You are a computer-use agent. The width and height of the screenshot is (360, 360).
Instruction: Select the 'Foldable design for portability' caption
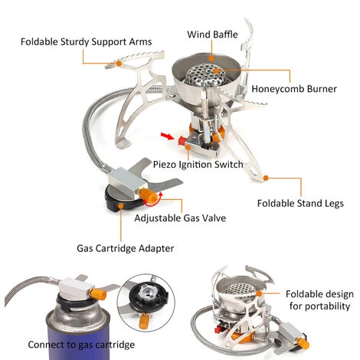(x=319, y=301)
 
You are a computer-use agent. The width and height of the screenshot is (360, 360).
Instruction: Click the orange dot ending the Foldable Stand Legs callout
(x=266, y=178)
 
